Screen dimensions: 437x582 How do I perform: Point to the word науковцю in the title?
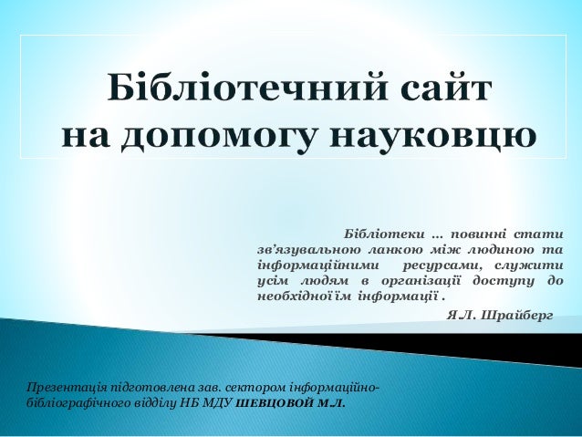click(431, 137)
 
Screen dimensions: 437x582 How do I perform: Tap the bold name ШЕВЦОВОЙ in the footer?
click(269, 404)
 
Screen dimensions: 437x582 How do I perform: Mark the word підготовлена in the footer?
click(151, 390)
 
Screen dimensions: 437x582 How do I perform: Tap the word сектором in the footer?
click(246, 390)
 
